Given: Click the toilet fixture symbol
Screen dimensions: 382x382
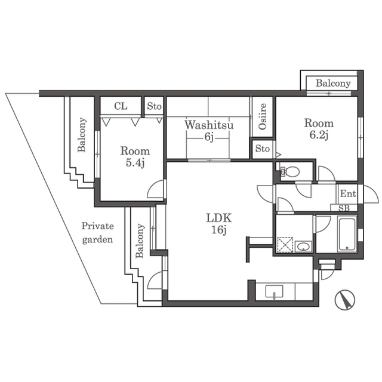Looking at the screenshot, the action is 290,171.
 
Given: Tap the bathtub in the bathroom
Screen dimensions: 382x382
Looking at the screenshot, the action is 347,235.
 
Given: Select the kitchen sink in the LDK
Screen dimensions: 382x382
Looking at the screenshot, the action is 275,292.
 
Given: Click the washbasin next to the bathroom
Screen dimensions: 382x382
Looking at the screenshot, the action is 303,247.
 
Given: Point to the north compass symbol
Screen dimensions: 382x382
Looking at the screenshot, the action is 345,300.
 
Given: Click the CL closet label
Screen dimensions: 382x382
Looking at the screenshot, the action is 121,106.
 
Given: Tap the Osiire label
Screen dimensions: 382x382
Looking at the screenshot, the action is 263,116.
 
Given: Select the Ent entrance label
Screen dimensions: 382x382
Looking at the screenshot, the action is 348,193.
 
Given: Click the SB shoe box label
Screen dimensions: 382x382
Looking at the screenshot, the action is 344,208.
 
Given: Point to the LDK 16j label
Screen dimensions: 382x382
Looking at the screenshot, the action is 219,224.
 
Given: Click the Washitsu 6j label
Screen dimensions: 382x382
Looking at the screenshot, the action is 209,131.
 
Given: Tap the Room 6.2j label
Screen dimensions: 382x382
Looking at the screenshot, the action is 319,129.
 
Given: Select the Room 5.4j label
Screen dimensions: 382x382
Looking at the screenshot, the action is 135,157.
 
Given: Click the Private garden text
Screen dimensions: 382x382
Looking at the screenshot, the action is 97,233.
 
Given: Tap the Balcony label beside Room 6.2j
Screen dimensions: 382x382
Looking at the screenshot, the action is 333,84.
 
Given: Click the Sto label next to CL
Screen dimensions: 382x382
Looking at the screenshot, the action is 154,106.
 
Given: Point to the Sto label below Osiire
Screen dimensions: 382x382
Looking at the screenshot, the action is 263,149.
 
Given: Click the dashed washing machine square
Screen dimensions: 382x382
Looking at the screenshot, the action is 285,244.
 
